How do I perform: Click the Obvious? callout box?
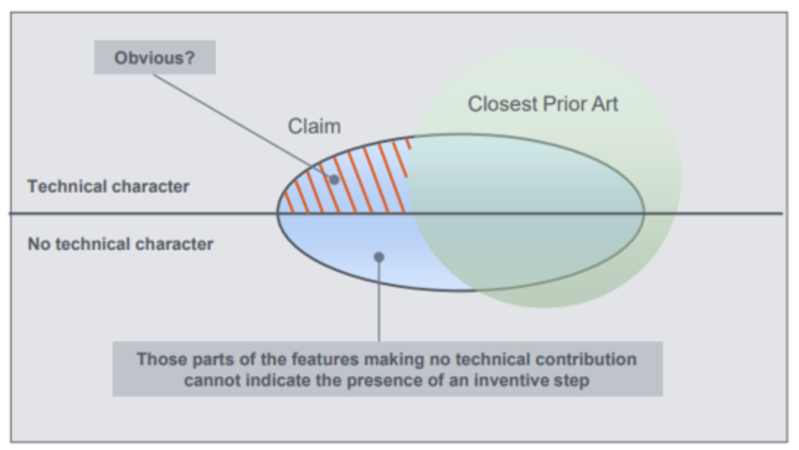click(x=154, y=57)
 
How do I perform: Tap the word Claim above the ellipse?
click(x=314, y=126)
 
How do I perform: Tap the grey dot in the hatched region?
click(x=334, y=180)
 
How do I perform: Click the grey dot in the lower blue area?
click(x=379, y=257)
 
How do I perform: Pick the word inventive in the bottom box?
click(x=506, y=380)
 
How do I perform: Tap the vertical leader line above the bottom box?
click(x=379, y=300)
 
